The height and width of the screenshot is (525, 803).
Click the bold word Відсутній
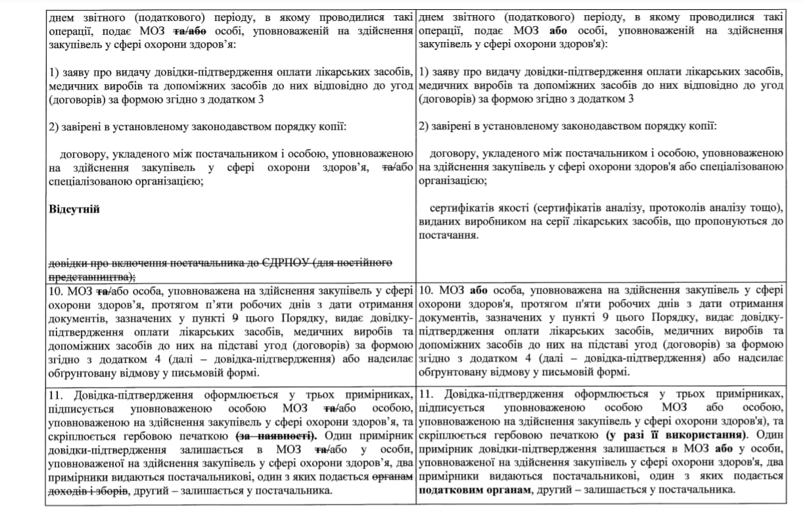coord(74,209)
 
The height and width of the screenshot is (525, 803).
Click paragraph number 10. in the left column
coord(58,289)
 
